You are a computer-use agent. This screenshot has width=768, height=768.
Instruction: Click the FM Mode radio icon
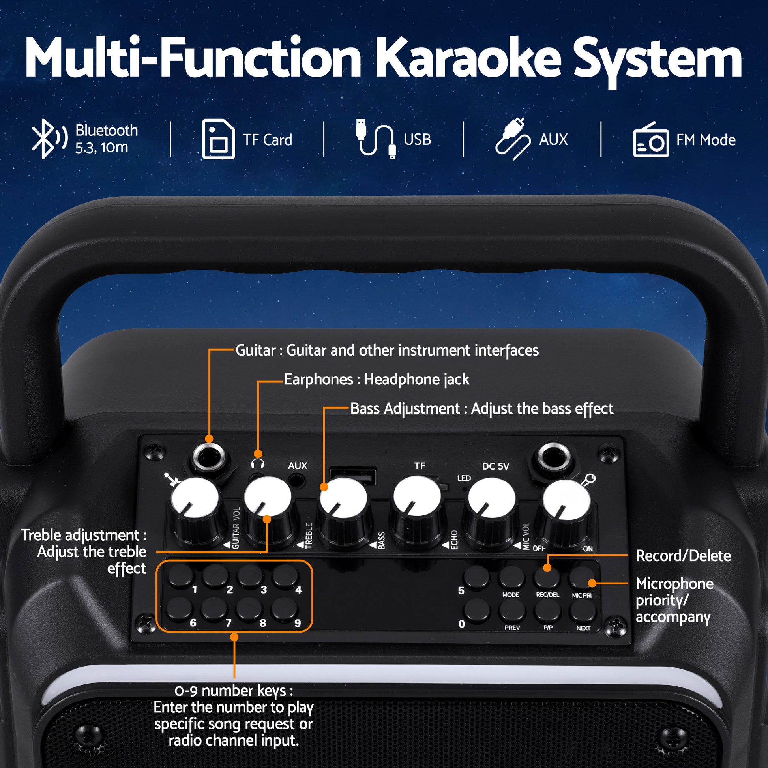[x=651, y=140]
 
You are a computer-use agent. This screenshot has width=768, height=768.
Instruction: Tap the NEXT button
[x=583, y=612]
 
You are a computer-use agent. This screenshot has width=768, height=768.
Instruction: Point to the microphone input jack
[x=553, y=457]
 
